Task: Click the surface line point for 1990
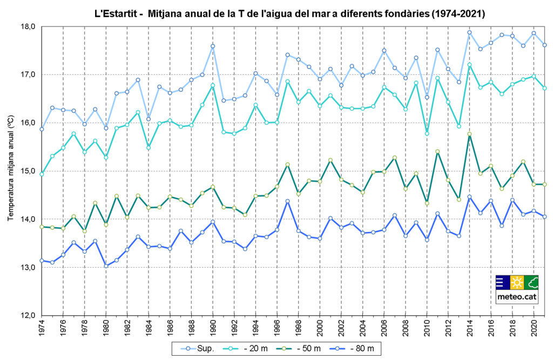pos(213,46)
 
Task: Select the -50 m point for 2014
pos(469,134)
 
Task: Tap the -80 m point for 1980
pos(106,266)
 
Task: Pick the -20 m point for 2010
pos(427,133)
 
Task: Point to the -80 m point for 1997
pos(287,201)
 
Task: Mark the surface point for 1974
pos(42,130)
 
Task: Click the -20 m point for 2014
pos(469,65)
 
